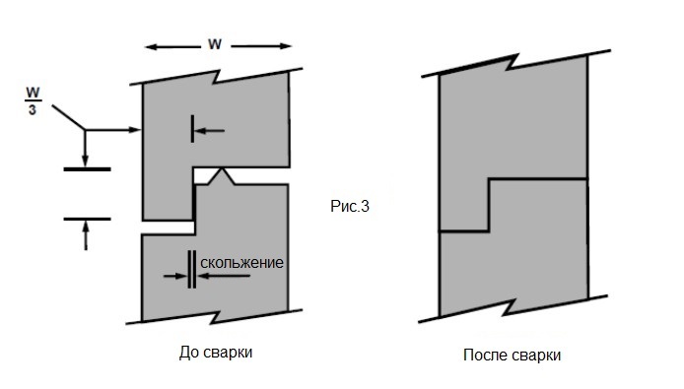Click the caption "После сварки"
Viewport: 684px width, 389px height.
(518, 355)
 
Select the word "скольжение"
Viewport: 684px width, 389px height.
(242, 263)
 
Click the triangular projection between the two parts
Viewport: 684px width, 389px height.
(224, 176)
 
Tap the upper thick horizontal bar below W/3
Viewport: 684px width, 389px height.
(86, 169)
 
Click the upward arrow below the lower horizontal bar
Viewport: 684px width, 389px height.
(86, 234)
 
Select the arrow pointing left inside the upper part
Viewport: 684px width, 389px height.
(209, 130)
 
